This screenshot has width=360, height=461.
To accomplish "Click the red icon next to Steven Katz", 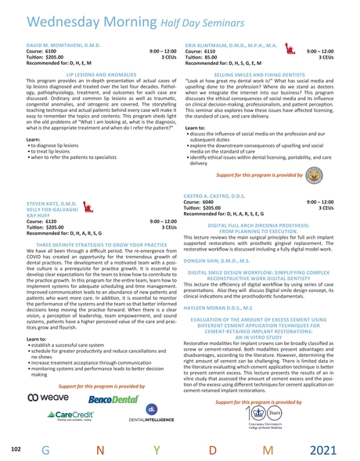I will [88, 207].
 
